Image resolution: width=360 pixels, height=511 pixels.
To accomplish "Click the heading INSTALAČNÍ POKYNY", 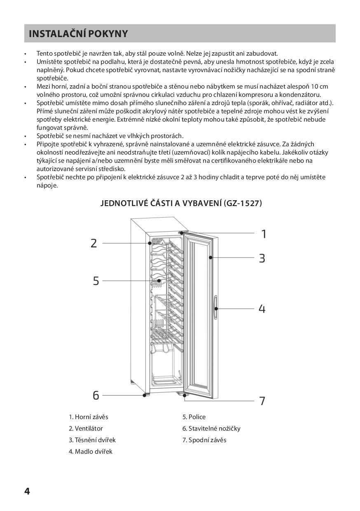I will click(x=78, y=34).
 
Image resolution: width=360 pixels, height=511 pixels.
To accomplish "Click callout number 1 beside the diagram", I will click(x=264, y=234).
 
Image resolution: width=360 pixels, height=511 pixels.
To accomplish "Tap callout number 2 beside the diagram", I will click(x=94, y=243).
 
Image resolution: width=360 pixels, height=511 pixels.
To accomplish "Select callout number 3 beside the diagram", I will click(x=262, y=258).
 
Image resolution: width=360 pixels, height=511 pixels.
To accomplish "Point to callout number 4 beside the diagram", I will click(x=262, y=309).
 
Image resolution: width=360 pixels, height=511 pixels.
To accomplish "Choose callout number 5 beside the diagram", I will click(x=96, y=281).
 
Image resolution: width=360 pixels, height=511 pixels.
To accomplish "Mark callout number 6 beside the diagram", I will click(x=96, y=396).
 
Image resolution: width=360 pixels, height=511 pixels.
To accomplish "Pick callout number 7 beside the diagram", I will click(x=262, y=401).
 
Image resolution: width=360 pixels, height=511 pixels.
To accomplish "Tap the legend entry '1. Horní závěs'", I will click(x=88, y=417).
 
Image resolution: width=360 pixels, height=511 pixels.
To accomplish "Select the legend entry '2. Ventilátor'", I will click(x=86, y=429).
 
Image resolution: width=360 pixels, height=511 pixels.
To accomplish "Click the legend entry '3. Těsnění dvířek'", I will click(x=92, y=440).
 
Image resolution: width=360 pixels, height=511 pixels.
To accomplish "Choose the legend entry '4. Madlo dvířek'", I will click(x=91, y=452).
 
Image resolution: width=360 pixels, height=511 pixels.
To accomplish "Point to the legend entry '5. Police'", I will click(x=194, y=417).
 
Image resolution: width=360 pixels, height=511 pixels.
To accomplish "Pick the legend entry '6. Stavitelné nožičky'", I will click(x=211, y=429).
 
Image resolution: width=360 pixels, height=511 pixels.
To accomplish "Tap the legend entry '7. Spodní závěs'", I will click(x=204, y=440).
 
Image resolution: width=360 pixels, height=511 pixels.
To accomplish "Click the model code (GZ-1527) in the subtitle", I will click(x=243, y=204).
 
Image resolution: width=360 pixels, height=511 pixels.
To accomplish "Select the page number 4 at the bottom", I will click(x=27, y=491).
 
